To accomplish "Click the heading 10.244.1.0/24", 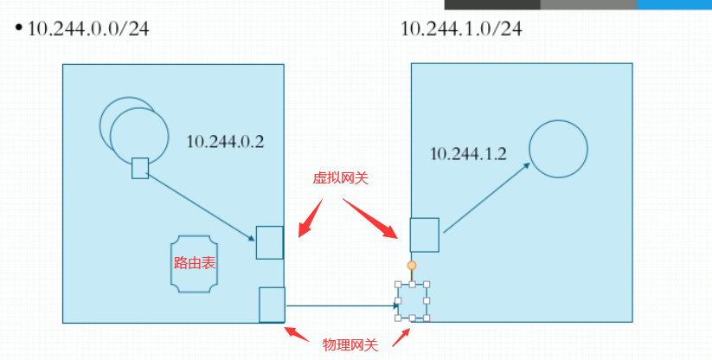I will coord(461,29).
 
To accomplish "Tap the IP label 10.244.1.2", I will coord(468,153).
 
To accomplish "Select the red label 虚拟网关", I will coord(340,178).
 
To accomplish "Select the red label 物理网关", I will coord(350,344).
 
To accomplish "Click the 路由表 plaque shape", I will coord(195,263).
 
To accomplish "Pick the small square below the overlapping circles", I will coord(140,168).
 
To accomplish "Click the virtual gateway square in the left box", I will coord(270,242).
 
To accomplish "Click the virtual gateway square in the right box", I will coord(424,235).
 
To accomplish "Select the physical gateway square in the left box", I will coord(272,305).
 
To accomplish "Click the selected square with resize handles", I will coord(412,301).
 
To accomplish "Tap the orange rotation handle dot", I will coord(412,266).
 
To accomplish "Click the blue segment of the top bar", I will coord(674,4).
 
